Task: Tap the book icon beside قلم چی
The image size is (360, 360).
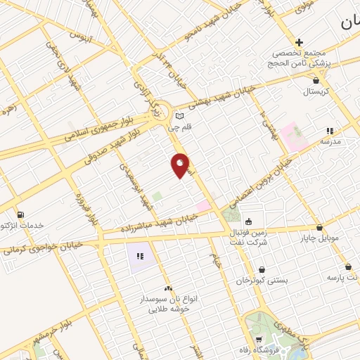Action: (x=179, y=116)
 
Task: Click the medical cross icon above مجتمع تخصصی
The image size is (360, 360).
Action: (x=300, y=43)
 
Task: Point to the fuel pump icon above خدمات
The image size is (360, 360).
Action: (x=20, y=214)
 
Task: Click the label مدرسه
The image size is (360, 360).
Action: (x=330, y=141)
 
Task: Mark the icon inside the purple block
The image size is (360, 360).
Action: (x=141, y=257)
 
